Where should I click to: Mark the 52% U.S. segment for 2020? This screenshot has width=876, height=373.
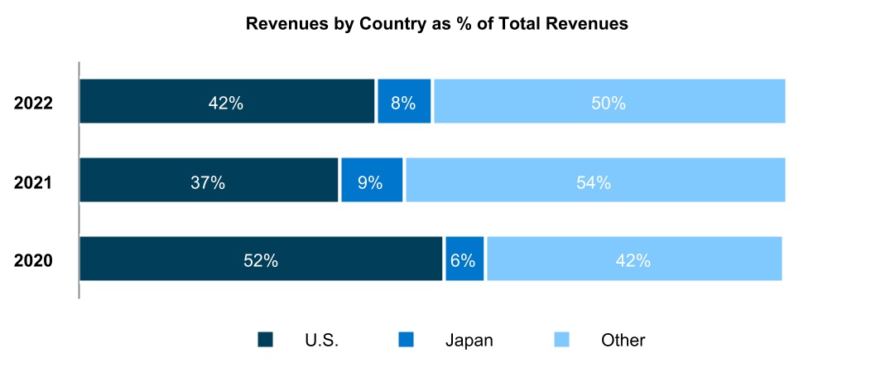click(261, 259)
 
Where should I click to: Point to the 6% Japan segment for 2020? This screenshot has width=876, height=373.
click(464, 259)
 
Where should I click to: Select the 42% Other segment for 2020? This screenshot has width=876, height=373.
click(633, 259)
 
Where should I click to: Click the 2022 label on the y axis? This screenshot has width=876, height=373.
click(34, 104)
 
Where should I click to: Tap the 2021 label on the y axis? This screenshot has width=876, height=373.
click(34, 182)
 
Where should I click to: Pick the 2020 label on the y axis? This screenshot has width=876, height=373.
click(34, 261)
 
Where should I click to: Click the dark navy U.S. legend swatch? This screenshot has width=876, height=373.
click(265, 339)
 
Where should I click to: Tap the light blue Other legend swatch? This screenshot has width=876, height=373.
click(561, 339)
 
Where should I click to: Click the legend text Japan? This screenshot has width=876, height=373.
click(469, 340)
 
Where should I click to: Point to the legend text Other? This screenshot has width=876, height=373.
click(623, 340)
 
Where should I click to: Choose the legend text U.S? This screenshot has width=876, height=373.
click(321, 340)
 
